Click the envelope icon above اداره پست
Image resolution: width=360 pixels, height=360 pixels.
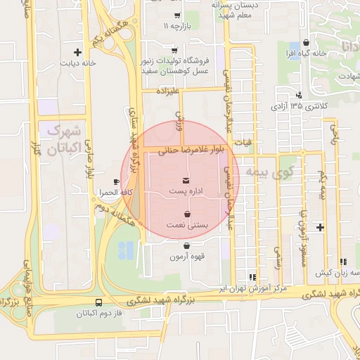[x=186, y=180]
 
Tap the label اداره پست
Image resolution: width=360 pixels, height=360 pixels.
[x=186, y=191]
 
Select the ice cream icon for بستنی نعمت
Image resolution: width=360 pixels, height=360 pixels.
[x=186, y=214]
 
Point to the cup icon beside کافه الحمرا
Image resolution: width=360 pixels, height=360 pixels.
[x=117, y=182]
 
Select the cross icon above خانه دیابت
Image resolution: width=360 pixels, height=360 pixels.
[x=78, y=51]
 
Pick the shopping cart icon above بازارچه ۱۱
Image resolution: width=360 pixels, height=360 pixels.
[x=176, y=15]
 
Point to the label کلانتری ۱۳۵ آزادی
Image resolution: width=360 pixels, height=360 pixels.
[x=298, y=106]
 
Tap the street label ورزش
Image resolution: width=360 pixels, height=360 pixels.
[x=179, y=121]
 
